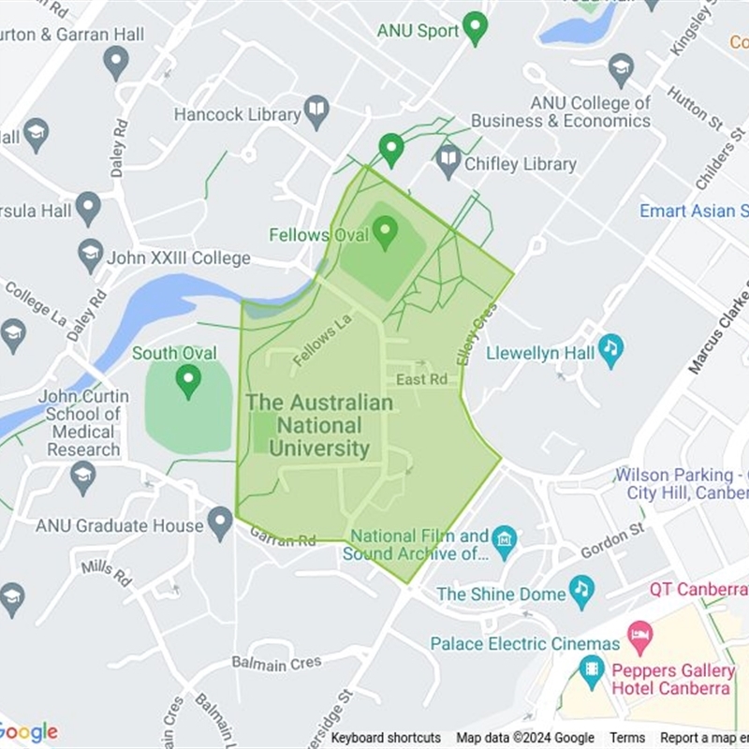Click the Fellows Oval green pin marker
385,232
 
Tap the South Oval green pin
189,380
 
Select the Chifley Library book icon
448,161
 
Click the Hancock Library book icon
316,113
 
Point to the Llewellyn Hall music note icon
610,351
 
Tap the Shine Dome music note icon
582,592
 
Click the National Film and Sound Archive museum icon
505,542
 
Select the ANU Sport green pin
476,28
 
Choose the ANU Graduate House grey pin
220,523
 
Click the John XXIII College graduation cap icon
91,256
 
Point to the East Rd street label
421,379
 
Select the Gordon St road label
612,541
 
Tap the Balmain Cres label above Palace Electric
276,663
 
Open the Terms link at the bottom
627,738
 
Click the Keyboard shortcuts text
386,738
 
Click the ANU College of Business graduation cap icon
621,69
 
